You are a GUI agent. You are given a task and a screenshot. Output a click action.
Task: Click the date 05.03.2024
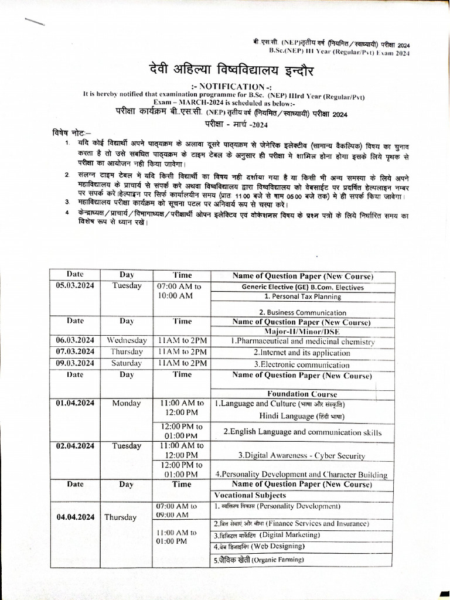(75, 286)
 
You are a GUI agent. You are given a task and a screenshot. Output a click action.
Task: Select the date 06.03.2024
(75, 340)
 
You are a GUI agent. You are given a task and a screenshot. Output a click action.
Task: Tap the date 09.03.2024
(75, 363)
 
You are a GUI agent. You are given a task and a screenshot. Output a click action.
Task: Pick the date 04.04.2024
(75, 517)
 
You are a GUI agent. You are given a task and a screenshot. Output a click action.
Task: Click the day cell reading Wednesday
(127, 340)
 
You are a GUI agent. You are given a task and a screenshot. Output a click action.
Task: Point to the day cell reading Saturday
(127, 363)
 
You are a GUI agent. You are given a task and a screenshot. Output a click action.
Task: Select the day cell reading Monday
(127, 403)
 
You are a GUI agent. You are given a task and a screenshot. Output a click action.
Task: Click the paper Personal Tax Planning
(303, 296)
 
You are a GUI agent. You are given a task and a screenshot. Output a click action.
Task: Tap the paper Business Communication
(303, 312)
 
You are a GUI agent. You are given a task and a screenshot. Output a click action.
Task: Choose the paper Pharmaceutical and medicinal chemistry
(302, 341)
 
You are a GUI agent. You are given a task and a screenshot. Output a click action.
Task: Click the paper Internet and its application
(302, 353)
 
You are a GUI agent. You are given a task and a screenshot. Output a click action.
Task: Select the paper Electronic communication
(302, 364)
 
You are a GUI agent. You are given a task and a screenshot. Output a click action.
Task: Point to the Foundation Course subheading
(302, 394)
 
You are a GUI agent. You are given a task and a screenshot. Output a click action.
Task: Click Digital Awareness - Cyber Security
(302, 455)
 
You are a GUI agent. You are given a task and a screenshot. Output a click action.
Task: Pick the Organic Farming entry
(259, 560)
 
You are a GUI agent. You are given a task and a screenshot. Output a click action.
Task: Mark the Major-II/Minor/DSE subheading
(302, 332)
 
